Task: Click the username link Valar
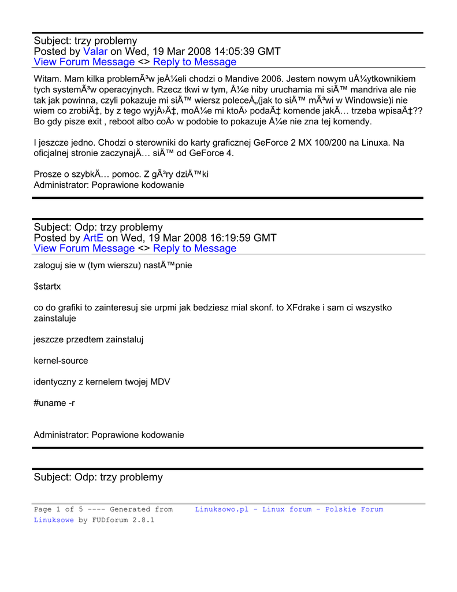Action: (x=95, y=51)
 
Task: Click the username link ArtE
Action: (x=93, y=238)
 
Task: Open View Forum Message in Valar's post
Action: (x=84, y=62)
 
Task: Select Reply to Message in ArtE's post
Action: (x=195, y=248)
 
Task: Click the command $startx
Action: (x=47, y=286)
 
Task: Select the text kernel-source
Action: (x=61, y=361)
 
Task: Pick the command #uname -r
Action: (x=54, y=402)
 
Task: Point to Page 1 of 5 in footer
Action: (x=59, y=509)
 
